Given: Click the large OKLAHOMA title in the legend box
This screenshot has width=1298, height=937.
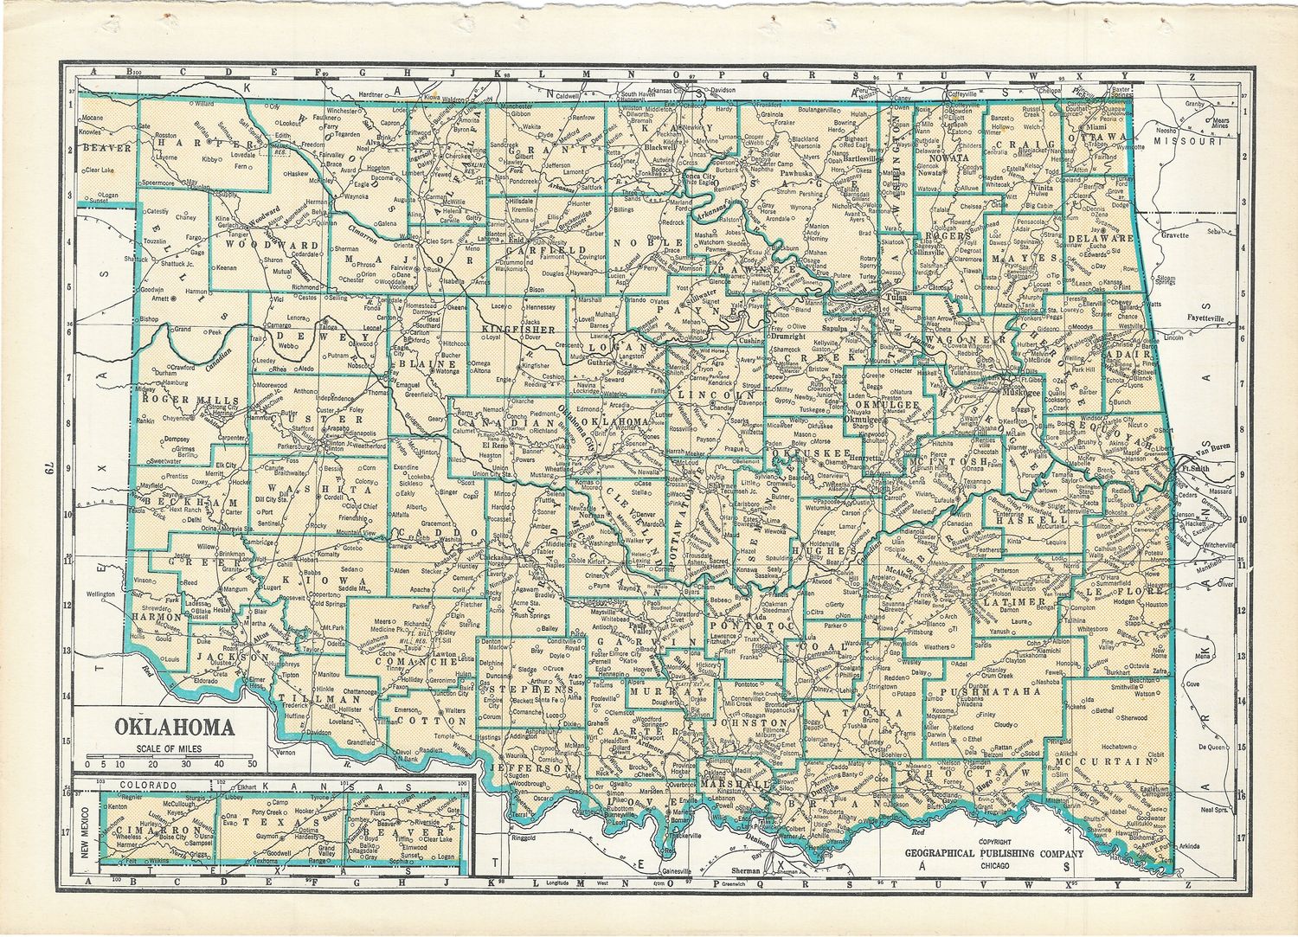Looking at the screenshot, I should pos(174,726).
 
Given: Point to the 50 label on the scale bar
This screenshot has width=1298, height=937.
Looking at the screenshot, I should pos(252,765).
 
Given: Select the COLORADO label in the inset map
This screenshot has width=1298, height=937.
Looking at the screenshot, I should pos(143,786).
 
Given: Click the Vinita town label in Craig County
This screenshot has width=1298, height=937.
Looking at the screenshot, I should pos(1039,187).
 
